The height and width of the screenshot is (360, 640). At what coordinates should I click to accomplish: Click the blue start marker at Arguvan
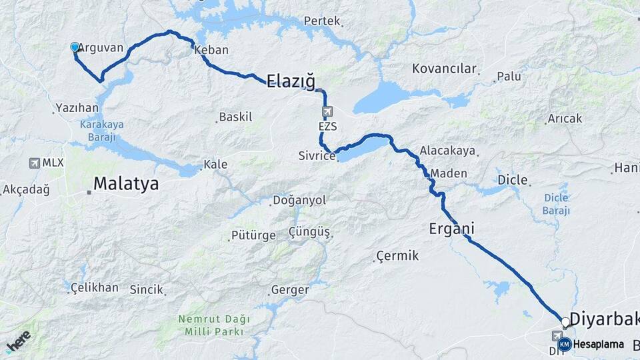(x=75, y=47)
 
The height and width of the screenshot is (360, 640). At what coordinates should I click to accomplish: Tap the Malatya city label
(x=126, y=184)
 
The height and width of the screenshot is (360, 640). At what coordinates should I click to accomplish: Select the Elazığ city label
(x=290, y=82)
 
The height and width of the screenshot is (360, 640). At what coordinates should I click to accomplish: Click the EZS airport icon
(x=326, y=111)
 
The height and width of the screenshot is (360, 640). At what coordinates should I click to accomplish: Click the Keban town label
(x=212, y=50)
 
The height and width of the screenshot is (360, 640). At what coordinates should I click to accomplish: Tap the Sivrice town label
(x=317, y=156)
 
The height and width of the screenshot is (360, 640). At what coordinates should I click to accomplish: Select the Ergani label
(x=451, y=229)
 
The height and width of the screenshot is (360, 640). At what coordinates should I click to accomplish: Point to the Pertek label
(x=322, y=21)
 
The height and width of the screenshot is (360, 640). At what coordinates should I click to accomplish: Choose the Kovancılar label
(x=445, y=69)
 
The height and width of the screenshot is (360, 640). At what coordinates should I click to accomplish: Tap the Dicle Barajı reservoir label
(x=556, y=203)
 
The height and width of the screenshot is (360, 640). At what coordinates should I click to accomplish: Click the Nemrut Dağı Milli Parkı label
(x=211, y=325)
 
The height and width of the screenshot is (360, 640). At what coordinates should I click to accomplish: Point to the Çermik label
(x=397, y=255)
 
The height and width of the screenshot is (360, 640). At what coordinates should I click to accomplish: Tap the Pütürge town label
(x=253, y=235)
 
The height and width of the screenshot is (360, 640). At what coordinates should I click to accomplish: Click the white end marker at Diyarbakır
(x=565, y=323)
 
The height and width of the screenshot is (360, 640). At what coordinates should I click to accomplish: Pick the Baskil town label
(x=236, y=117)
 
